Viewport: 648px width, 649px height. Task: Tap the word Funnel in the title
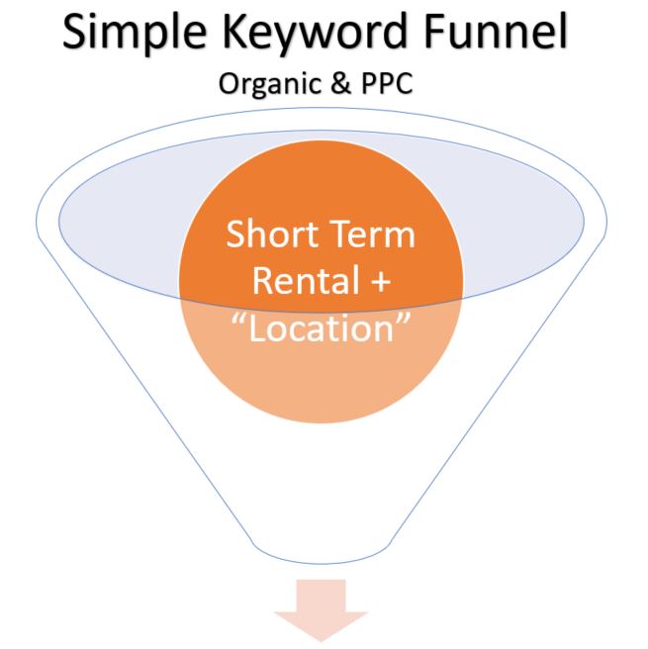pos(496,31)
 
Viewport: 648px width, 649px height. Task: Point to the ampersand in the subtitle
pos(341,83)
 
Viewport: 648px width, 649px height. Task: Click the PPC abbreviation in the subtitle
pos(387,83)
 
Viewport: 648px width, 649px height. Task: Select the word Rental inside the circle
pos(306,280)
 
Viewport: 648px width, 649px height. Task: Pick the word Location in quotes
pos(322,327)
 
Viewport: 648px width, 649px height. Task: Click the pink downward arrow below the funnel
pos(321,609)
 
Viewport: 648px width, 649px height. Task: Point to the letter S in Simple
pos(76,32)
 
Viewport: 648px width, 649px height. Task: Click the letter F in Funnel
pos(434,32)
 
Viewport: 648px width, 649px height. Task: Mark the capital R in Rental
pos(263,280)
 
